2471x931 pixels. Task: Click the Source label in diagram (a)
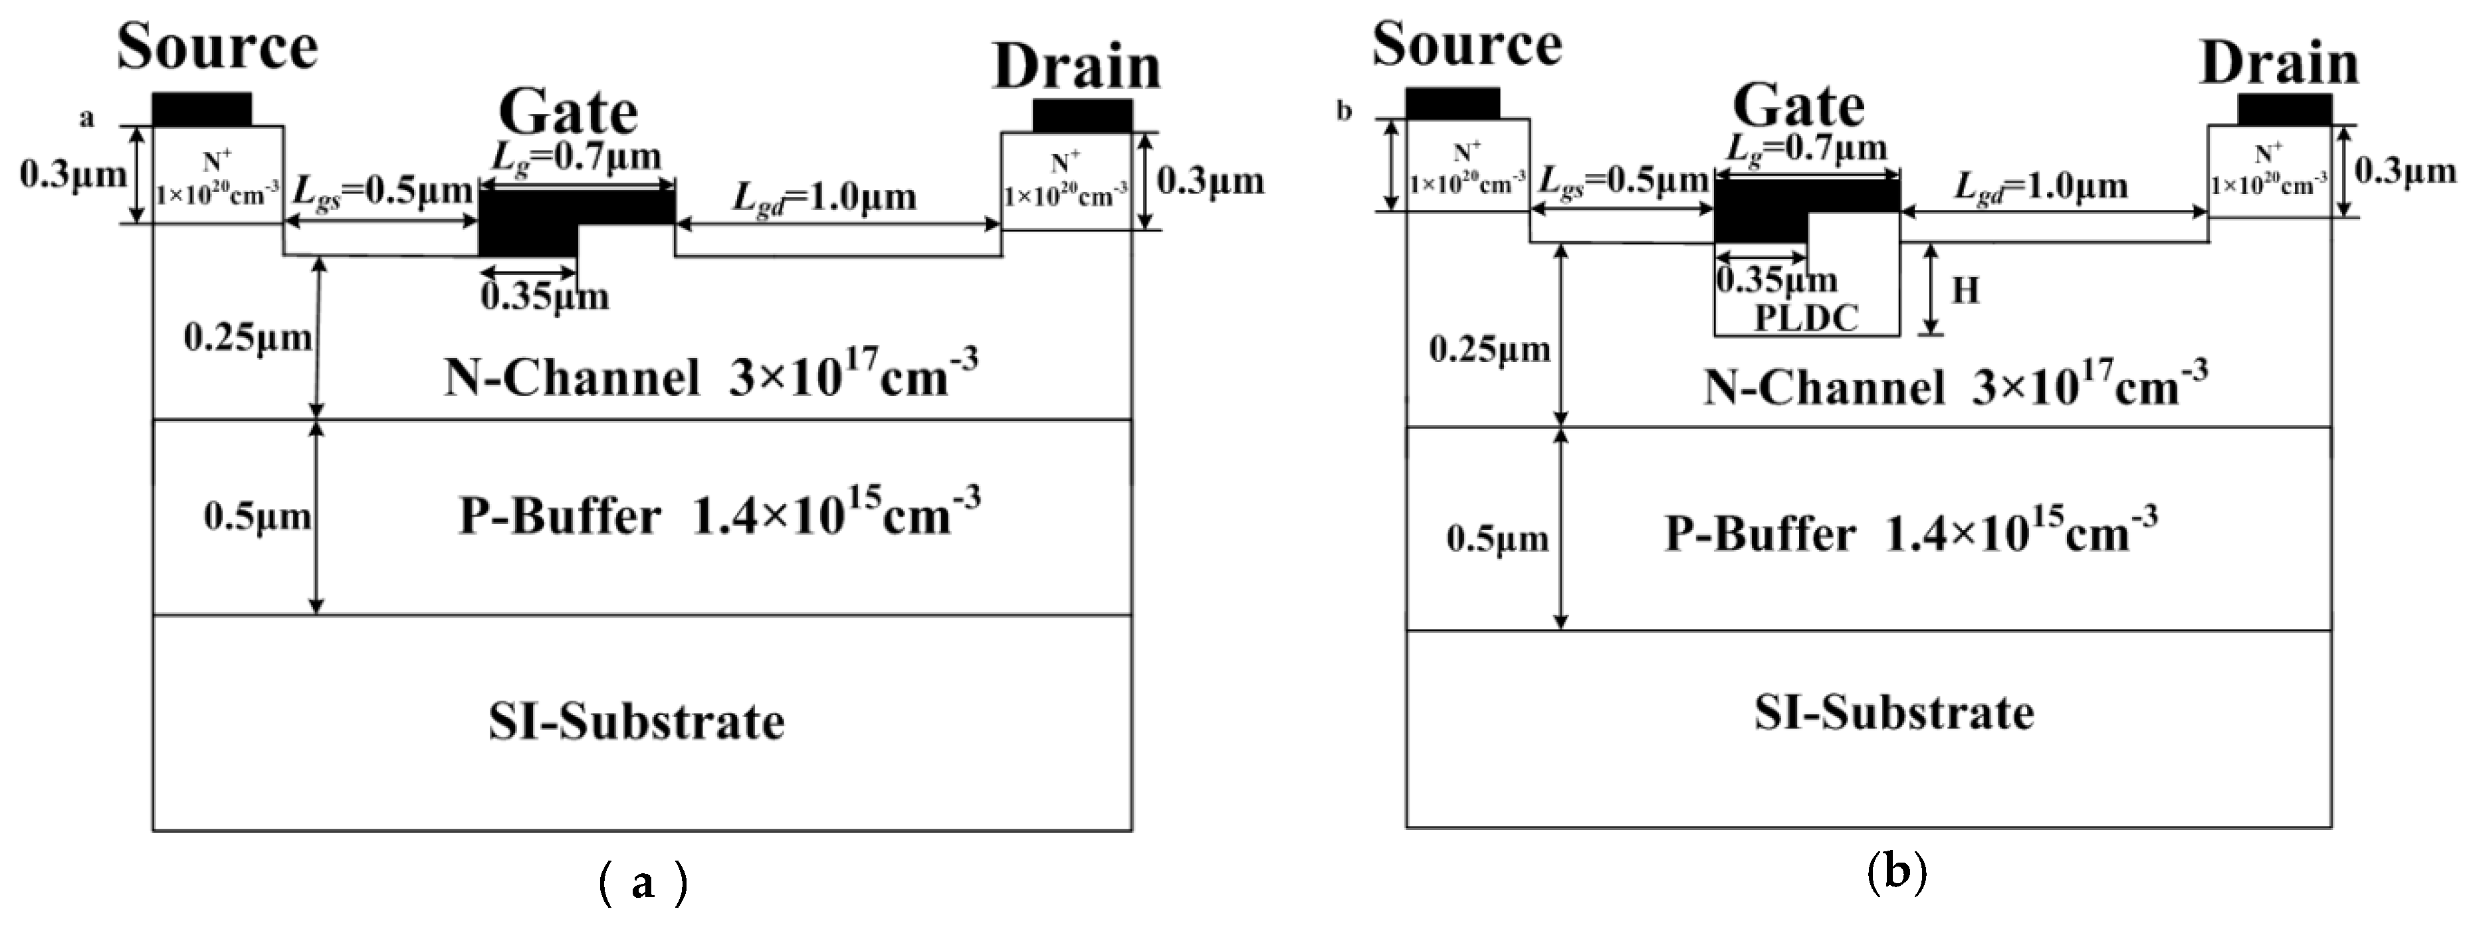click(218, 48)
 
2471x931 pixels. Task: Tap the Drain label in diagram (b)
click(2279, 65)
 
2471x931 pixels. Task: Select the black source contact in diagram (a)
click(201, 110)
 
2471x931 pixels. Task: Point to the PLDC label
click(1806, 317)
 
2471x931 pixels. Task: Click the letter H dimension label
click(1965, 290)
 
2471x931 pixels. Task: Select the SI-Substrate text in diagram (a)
click(636, 722)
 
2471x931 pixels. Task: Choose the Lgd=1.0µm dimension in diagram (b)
click(2041, 186)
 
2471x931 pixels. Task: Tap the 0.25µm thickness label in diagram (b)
click(1489, 350)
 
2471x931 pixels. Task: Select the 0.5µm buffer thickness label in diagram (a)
click(257, 518)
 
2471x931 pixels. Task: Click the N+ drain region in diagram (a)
click(1066, 181)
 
